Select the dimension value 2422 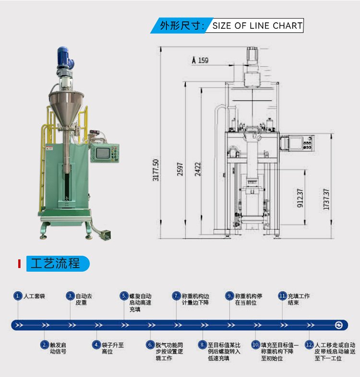click(x=197, y=168)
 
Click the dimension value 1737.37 click(x=326, y=199)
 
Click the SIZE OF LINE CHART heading click(x=257, y=26)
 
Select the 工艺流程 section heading click(x=55, y=264)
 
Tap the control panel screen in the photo click(x=103, y=153)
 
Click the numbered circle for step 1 click(x=18, y=296)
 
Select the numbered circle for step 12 click(x=310, y=345)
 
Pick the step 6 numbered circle click(x=150, y=345)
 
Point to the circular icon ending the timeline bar click(x=338, y=325)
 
